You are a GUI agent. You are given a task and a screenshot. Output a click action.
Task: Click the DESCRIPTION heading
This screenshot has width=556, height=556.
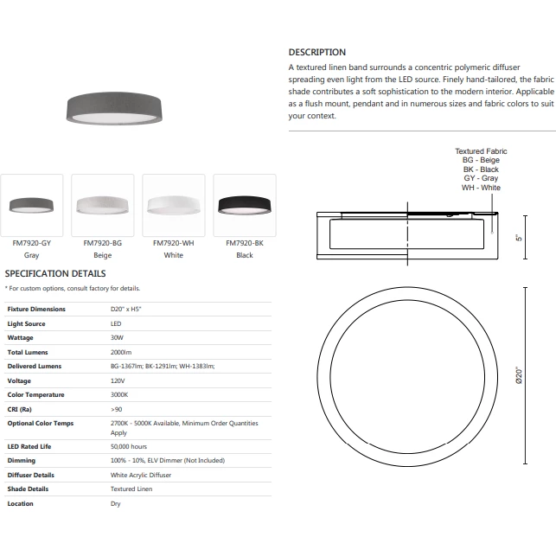pos(316,52)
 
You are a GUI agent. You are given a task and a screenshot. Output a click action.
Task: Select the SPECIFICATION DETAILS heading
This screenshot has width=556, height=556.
pos(55,273)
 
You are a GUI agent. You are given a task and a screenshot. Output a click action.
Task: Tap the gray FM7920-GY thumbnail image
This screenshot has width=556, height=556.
pos(32,205)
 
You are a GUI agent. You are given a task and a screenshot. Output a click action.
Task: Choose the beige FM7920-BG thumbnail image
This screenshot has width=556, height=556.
pos(103,205)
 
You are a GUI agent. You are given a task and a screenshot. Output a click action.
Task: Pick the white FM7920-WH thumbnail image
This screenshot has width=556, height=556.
pos(173,205)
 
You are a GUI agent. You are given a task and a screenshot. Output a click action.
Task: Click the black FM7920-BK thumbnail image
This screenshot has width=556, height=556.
pos(245,205)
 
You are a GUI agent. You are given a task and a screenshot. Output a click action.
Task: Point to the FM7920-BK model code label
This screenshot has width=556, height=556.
pos(245,244)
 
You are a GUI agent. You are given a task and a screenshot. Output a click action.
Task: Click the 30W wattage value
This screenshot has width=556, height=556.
pos(118,337)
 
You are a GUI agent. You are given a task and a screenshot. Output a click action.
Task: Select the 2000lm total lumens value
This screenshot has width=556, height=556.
pos(121,352)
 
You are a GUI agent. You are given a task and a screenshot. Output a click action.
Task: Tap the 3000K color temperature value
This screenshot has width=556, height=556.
pos(120,394)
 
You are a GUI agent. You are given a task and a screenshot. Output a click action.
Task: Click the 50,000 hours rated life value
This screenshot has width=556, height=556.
pos(129,446)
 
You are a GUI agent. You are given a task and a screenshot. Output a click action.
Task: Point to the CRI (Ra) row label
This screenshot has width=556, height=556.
pos(20,408)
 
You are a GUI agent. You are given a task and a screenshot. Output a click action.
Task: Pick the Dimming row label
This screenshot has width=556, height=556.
pos(21,461)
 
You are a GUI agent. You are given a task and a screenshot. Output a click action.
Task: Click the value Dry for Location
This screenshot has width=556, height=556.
pos(116,503)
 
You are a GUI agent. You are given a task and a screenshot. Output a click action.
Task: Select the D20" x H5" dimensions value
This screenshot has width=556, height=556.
pos(126,309)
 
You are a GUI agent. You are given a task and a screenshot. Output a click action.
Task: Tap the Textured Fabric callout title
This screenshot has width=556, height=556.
pos(481,151)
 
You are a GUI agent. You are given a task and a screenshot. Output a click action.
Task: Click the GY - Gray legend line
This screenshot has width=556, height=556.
pos(481,179)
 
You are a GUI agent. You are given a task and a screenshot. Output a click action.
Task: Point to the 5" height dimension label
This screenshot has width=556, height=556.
pos(520,236)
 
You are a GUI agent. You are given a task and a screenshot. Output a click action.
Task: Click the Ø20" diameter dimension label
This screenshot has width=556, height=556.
pos(519,375)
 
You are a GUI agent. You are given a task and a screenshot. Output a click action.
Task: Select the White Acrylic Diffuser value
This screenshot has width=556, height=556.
pos(141,475)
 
